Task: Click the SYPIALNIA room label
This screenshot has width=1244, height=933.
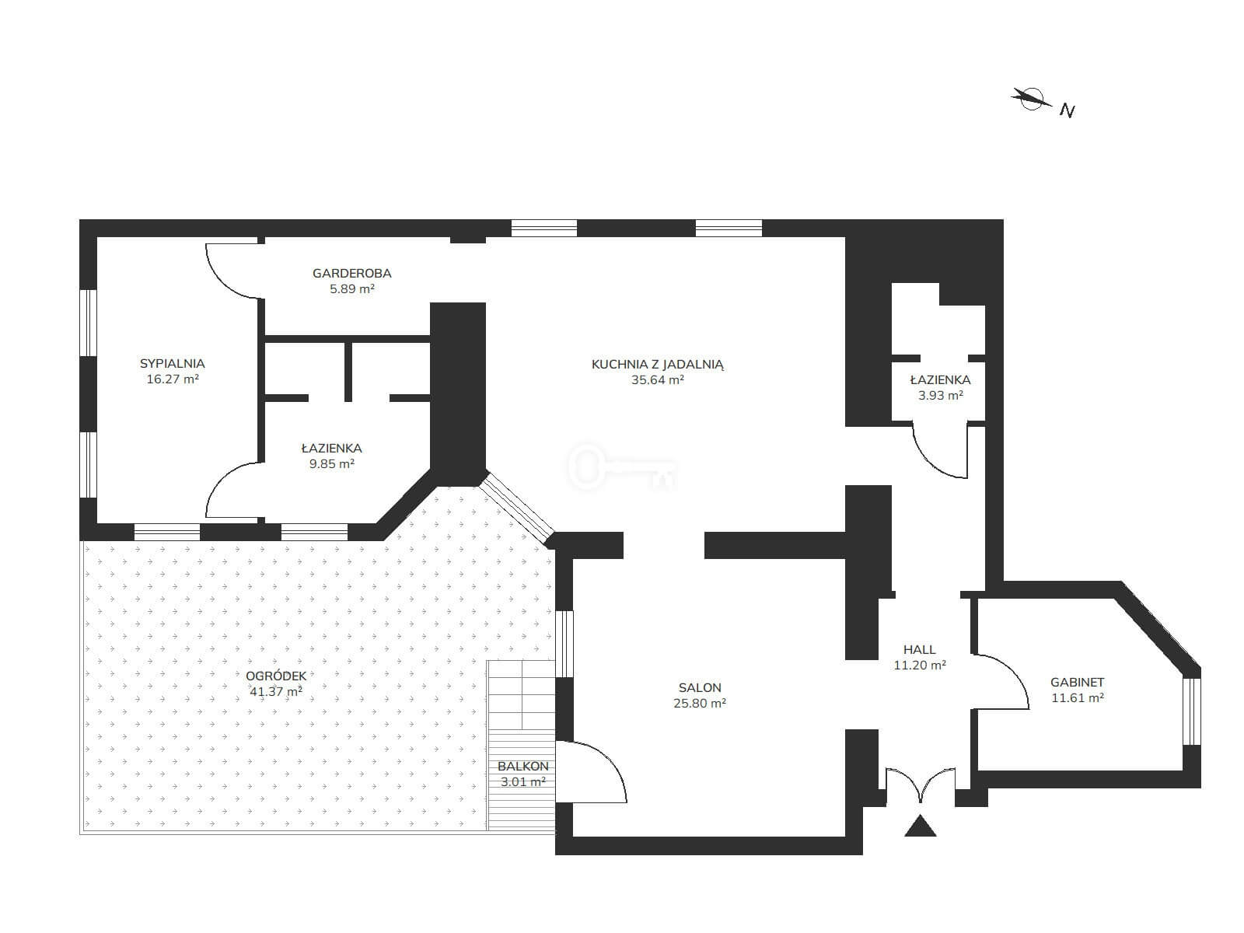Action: tap(173, 364)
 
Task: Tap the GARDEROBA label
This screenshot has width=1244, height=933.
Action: tap(352, 273)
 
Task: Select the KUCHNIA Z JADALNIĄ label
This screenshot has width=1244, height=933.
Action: tap(658, 364)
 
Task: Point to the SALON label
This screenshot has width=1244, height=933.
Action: tap(700, 688)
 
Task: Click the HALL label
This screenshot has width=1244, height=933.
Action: tap(919, 650)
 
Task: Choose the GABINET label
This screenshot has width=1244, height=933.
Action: tap(1078, 683)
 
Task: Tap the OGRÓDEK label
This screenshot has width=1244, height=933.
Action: tap(276, 676)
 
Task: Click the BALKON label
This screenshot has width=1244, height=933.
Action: tap(523, 767)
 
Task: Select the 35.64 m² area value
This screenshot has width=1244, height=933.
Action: tap(658, 380)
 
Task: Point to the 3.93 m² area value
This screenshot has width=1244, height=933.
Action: tap(941, 396)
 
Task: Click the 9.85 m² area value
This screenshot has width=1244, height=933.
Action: tap(331, 464)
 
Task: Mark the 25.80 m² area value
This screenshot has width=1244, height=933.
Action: tap(700, 703)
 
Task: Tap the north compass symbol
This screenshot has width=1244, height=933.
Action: tap(1032, 99)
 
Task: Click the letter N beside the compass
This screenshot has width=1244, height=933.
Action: tap(1068, 110)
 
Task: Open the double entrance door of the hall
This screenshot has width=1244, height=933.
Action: tap(921, 784)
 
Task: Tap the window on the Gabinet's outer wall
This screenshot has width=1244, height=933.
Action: tap(1192, 711)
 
